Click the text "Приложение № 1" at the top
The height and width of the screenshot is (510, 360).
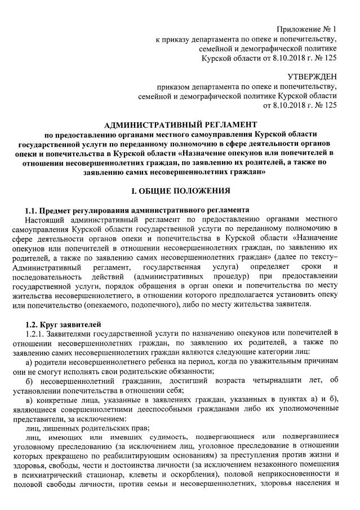tap(306, 29)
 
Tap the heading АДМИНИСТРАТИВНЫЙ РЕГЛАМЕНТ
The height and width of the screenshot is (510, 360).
tap(181, 123)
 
